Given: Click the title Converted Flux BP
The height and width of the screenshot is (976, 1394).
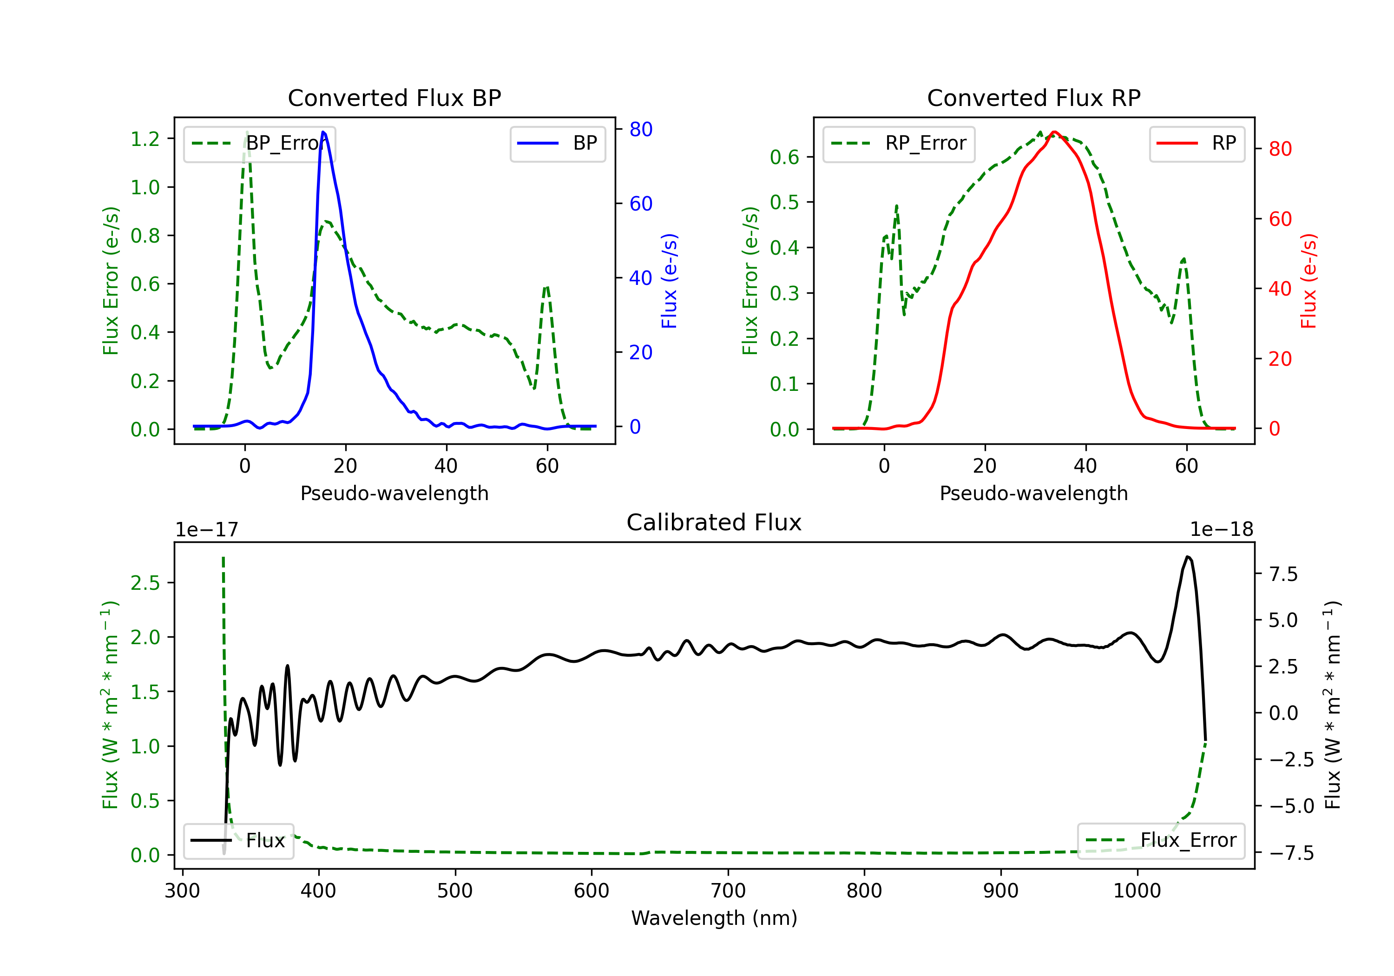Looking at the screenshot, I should click(394, 98).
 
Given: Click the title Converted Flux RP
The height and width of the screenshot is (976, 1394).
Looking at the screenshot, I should click(1033, 98).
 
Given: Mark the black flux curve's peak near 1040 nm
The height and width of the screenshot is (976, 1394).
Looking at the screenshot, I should click(1188, 556).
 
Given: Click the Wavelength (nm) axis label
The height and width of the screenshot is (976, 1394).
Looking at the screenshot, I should click(714, 918).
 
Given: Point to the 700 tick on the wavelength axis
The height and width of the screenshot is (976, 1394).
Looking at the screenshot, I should click(728, 891).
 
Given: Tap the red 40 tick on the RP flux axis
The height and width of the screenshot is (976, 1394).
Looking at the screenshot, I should click(1280, 289).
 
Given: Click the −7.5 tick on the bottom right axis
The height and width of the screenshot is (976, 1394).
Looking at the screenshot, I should click(1282, 853).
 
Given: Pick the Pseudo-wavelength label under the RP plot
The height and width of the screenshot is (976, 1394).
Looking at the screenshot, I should click(1033, 493).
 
